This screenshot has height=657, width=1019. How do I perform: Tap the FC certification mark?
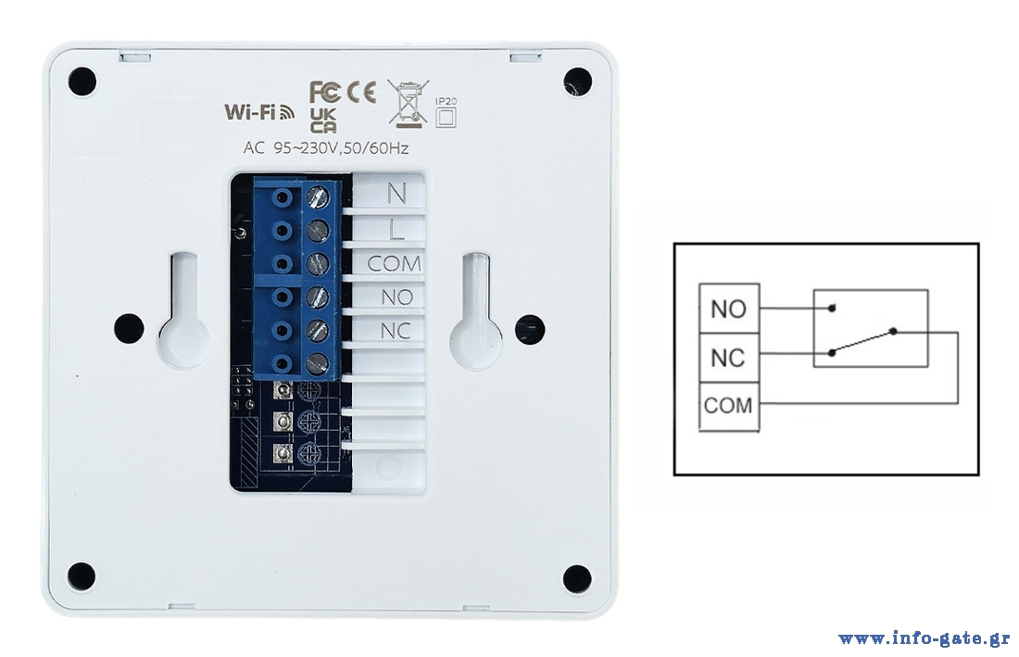coord(325,93)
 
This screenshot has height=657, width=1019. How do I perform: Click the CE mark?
coord(361,93)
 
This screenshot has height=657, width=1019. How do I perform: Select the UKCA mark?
coord(323,120)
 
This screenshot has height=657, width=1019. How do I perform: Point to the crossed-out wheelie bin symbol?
coord(405,101)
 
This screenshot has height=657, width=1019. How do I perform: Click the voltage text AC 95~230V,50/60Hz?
coord(325,148)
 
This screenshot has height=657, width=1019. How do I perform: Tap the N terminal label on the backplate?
coord(396,194)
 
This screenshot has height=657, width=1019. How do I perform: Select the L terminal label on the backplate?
coord(396,228)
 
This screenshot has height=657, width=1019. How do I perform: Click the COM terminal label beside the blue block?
coord(394,264)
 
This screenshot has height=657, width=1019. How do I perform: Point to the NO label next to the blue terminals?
coord(396,297)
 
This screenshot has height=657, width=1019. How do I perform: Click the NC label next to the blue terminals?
coord(396,332)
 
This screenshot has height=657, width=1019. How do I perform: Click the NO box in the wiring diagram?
coord(729,309)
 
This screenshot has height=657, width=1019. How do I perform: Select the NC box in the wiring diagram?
coord(729,357)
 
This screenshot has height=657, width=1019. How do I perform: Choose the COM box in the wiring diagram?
coord(729,406)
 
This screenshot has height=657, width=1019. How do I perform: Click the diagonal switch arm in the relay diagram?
coord(863,341)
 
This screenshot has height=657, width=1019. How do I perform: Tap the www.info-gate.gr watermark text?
coord(924,638)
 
